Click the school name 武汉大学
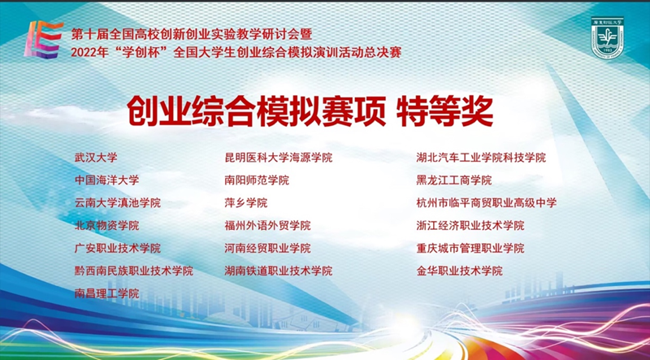[96, 158]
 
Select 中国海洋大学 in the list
[106, 180]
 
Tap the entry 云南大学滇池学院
[117, 203]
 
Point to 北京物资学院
[106, 226]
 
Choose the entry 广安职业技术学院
[117, 249]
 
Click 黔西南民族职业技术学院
[133, 271]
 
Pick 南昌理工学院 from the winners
[106, 294]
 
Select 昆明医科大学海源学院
[278, 158]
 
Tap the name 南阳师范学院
[257, 180]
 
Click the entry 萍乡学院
[246, 203]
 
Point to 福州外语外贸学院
[267, 226]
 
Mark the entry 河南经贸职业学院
[267, 249]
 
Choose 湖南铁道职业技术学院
[278, 271]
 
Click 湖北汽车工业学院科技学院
[481, 158]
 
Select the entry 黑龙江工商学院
[454, 180]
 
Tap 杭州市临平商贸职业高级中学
[486, 203]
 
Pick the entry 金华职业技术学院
[459, 271]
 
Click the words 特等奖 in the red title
[444, 111]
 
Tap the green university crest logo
[607, 37]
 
